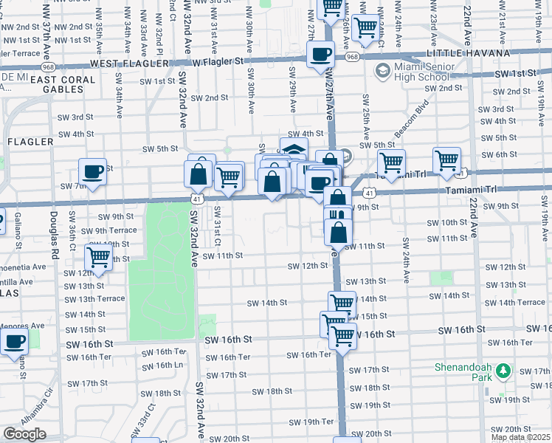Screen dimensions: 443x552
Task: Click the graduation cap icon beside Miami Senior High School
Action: [x=382, y=71]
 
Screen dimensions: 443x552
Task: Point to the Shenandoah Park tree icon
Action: [x=503, y=370]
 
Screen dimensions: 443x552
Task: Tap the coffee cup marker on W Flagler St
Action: [x=320, y=55]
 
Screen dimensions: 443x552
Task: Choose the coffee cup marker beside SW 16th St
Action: [x=14, y=342]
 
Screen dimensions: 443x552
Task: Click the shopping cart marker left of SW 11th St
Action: [x=97, y=258]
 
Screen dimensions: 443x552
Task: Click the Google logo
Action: [x=24, y=433]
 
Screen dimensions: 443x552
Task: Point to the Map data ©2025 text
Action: [x=521, y=437]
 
